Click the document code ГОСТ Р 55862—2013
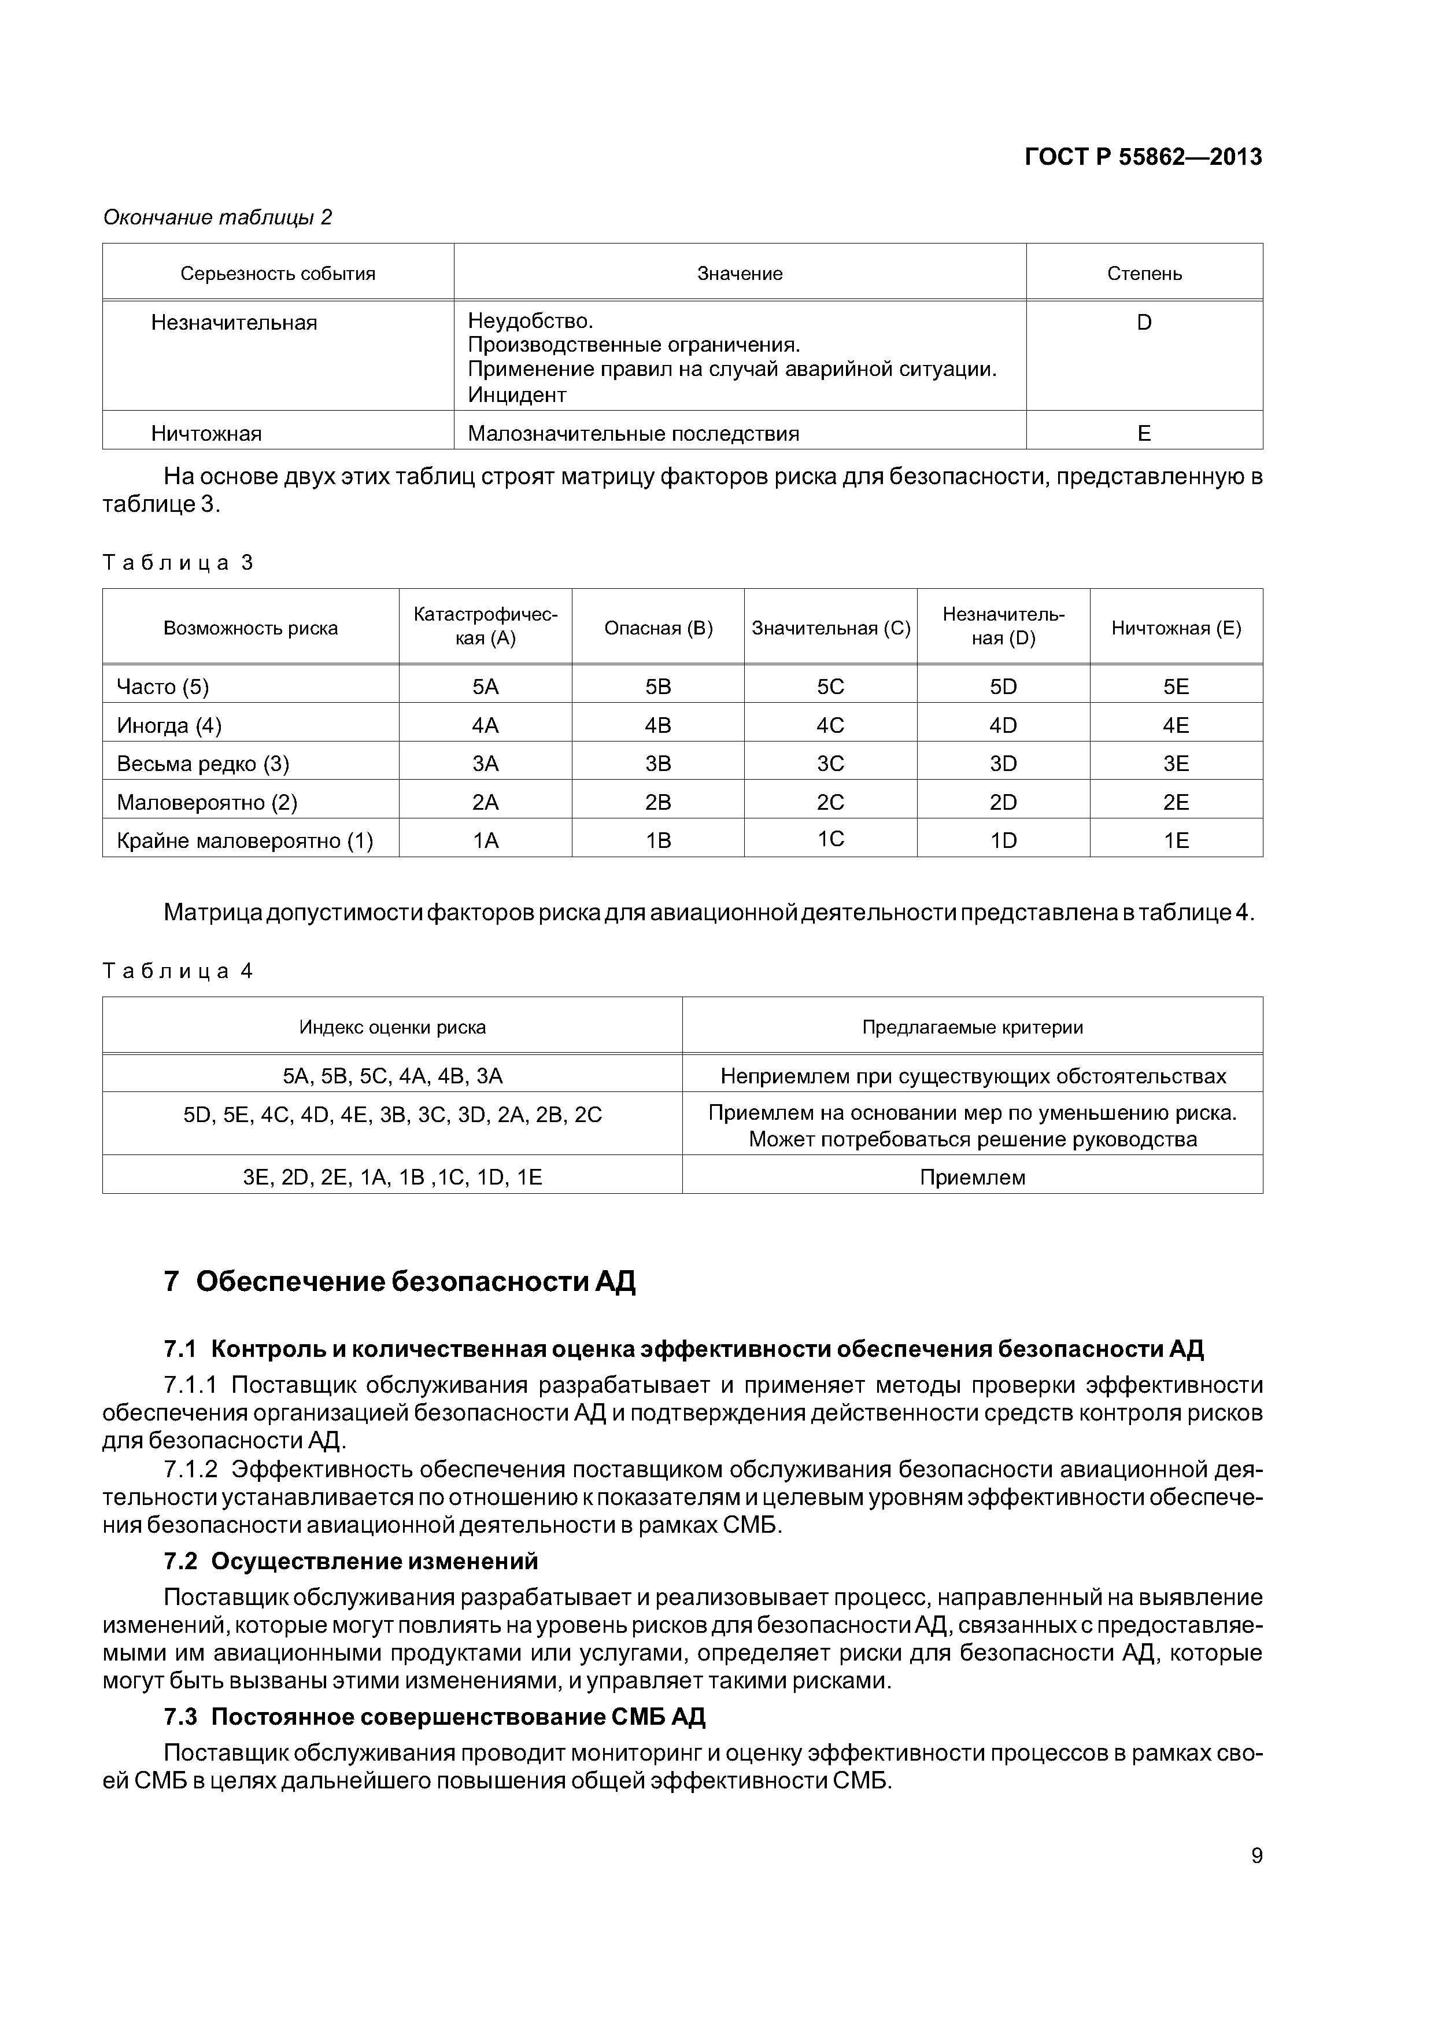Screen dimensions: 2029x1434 (x=1143, y=157)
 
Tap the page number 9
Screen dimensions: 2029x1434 (x=1256, y=1855)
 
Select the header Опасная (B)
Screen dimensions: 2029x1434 (x=657, y=628)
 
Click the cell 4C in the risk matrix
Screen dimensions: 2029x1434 (x=830, y=725)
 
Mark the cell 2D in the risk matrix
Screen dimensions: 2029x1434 (x=1003, y=802)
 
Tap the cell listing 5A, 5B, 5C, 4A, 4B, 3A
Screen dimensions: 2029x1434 (x=392, y=1076)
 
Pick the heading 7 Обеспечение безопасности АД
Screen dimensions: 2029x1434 (x=400, y=1281)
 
